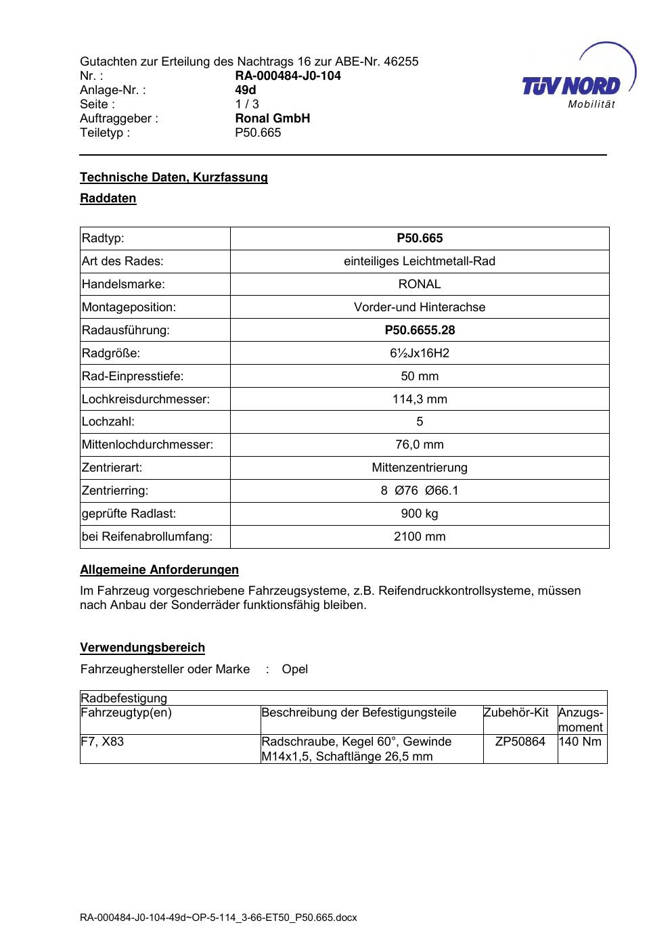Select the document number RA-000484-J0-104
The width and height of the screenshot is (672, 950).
click(288, 76)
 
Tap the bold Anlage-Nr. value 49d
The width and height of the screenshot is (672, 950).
click(246, 90)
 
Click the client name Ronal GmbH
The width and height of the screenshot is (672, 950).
click(272, 118)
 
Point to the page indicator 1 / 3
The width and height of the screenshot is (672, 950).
click(247, 104)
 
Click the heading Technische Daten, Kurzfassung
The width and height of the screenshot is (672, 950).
click(174, 177)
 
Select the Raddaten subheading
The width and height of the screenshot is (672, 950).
click(108, 198)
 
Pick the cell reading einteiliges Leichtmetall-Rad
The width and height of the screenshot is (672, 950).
click(420, 261)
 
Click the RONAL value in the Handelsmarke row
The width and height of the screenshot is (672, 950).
click(420, 284)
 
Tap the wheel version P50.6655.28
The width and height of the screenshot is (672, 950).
click(420, 330)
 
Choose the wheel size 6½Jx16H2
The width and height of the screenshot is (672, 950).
click(420, 353)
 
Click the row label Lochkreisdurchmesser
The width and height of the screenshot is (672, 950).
click(145, 399)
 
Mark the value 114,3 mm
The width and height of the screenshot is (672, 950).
click(420, 399)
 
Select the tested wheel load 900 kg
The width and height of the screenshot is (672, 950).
click(420, 514)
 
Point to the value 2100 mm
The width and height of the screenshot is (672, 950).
click(420, 537)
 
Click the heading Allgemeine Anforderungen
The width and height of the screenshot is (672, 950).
click(159, 570)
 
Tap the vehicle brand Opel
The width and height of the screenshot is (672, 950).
click(294, 669)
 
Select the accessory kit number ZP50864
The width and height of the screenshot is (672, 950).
click(520, 742)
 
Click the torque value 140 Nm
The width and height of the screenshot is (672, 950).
click(581, 742)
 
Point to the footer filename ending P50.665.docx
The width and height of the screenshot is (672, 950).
click(218, 918)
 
